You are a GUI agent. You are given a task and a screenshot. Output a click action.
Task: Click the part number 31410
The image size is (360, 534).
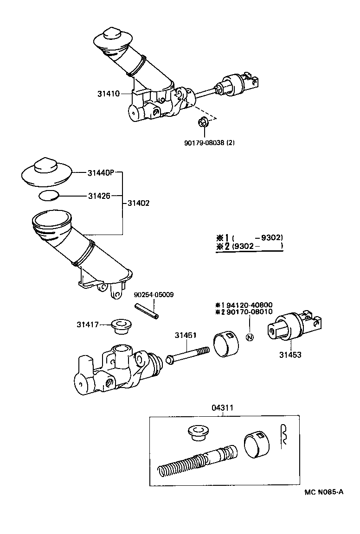(108, 94)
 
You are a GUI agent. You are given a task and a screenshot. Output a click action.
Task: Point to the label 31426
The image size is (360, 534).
(99, 196)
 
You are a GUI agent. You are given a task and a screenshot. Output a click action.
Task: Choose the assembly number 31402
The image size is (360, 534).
(138, 203)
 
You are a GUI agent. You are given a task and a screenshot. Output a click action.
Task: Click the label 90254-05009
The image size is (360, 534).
(154, 294)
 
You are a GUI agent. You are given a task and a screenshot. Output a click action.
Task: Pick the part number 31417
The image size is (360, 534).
(88, 324)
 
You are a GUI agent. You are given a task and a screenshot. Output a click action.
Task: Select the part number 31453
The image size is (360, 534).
(290, 355)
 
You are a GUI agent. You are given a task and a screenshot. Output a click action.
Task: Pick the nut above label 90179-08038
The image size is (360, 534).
(202, 123)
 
